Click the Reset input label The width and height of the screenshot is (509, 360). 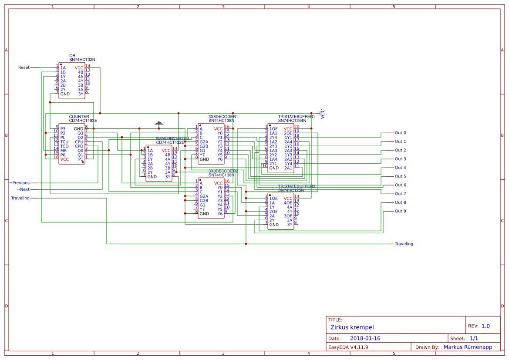point(24,67)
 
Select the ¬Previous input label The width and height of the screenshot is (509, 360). point(20,183)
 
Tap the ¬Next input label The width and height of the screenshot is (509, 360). point(23,189)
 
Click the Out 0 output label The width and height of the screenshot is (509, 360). point(400,133)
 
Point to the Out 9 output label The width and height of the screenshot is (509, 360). point(400,211)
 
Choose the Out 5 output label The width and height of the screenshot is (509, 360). point(400,176)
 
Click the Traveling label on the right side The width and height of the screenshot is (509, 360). point(404,244)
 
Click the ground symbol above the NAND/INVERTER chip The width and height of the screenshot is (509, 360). point(159,124)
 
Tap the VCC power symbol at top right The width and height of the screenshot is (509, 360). point(323,114)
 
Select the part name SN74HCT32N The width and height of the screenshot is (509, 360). point(82,60)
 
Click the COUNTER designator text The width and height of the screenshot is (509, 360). point(79,117)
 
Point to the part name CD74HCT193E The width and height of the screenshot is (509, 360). point(83,121)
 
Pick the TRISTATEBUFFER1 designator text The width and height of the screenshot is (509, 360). point(296,117)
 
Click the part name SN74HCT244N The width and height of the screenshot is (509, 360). point(292,121)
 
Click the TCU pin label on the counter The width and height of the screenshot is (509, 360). point(64,142)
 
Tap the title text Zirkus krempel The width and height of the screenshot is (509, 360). point(352,327)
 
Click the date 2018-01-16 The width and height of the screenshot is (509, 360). point(365,338)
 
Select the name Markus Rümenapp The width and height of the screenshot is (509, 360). point(468,347)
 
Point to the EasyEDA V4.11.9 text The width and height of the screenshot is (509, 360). point(348,347)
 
